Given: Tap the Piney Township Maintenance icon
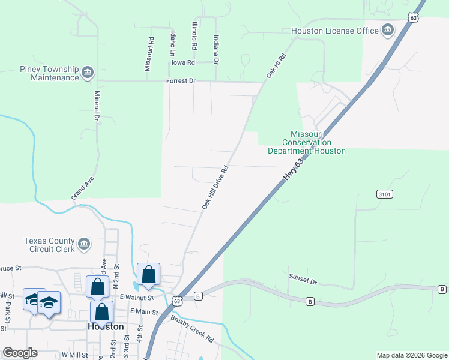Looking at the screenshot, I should click(x=88, y=73).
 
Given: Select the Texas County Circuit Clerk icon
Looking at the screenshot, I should click(x=84, y=244).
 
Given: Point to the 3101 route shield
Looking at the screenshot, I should click(x=385, y=194).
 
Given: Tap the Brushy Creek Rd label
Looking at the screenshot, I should click(x=192, y=329).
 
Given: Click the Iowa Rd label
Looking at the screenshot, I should click(x=183, y=62).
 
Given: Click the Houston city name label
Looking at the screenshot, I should click(x=106, y=326).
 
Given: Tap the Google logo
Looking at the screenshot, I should click(x=20, y=353).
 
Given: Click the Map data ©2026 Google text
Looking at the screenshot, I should click(x=411, y=355).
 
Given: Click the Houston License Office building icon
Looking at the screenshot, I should click(x=387, y=30).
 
